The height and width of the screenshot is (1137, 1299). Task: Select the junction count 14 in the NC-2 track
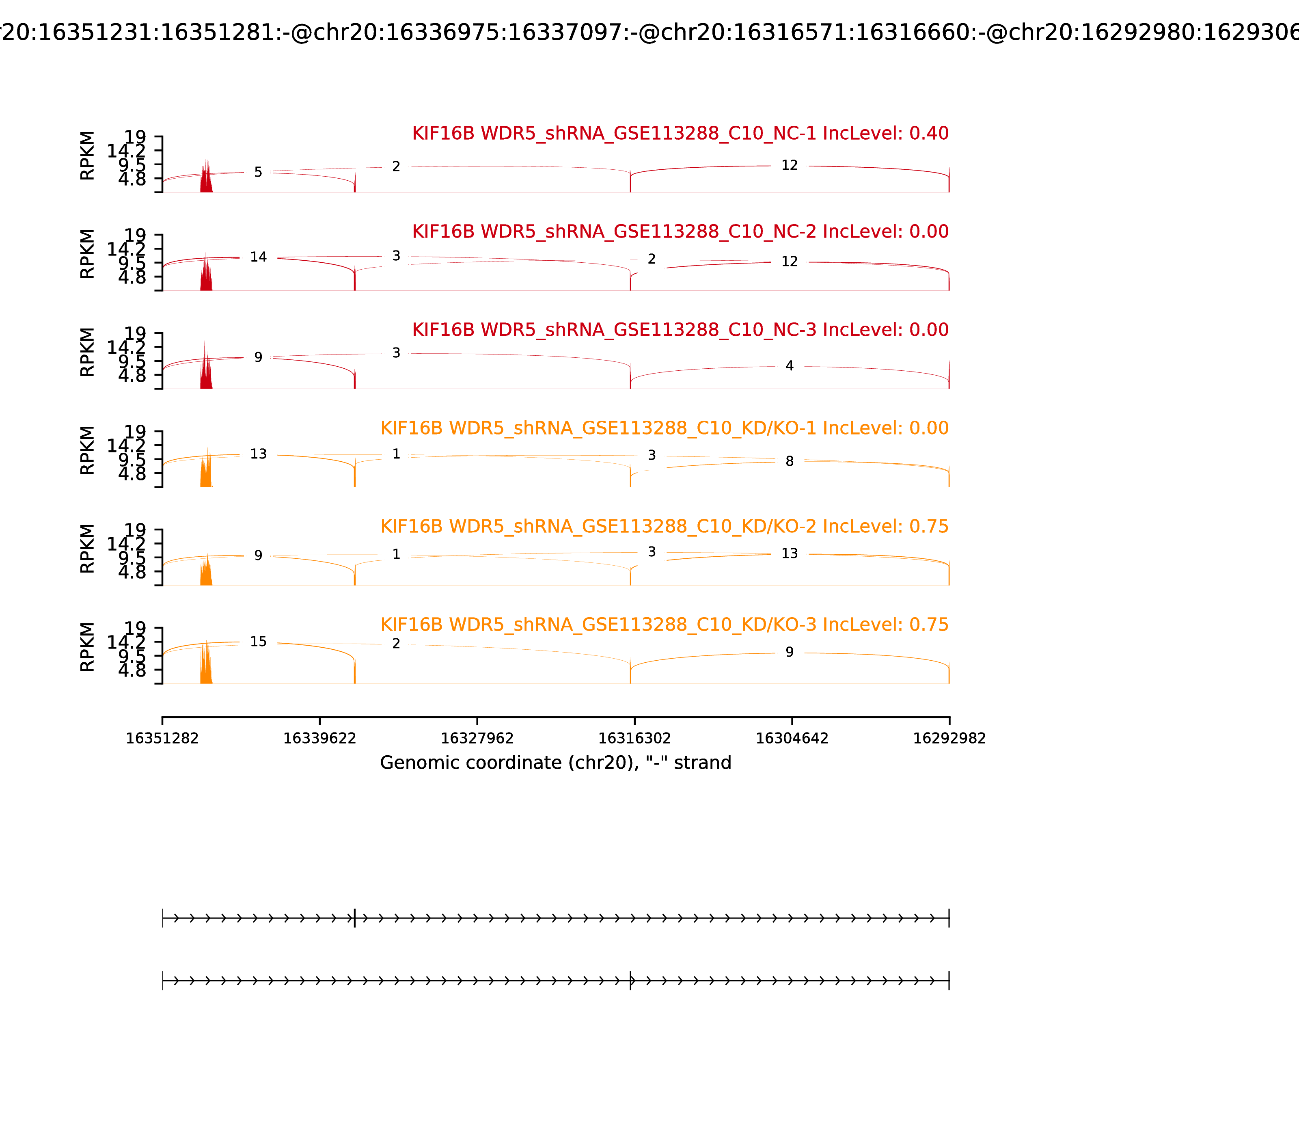coord(258,257)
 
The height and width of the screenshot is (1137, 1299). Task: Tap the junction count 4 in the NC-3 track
coord(789,366)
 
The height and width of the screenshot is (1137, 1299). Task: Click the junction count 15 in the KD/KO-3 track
coord(258,642)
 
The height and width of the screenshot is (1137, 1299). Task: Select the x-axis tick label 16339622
coord(320,739)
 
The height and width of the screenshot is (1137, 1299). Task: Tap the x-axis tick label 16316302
coord(634,739)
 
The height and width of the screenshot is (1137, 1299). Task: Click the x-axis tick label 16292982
coord(949,739)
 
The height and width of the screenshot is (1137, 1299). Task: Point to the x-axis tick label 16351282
coord(162,739)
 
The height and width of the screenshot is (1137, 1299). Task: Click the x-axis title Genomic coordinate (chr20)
coord(556,763)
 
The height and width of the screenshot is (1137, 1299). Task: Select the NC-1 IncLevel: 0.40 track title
coord(680,133)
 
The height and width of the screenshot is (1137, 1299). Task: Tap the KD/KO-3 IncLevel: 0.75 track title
coord(664,625)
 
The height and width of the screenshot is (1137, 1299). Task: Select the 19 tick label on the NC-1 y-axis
coord(134,137)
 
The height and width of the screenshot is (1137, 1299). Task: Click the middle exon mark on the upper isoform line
coord(354,918)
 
